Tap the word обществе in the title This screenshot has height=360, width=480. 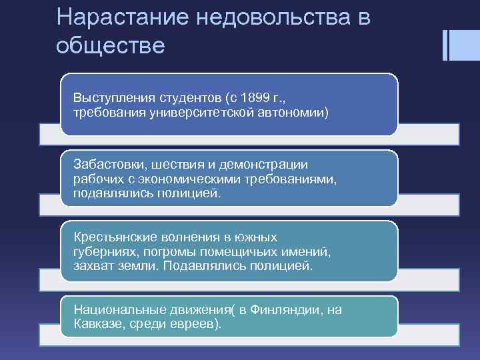coord(110,45)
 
